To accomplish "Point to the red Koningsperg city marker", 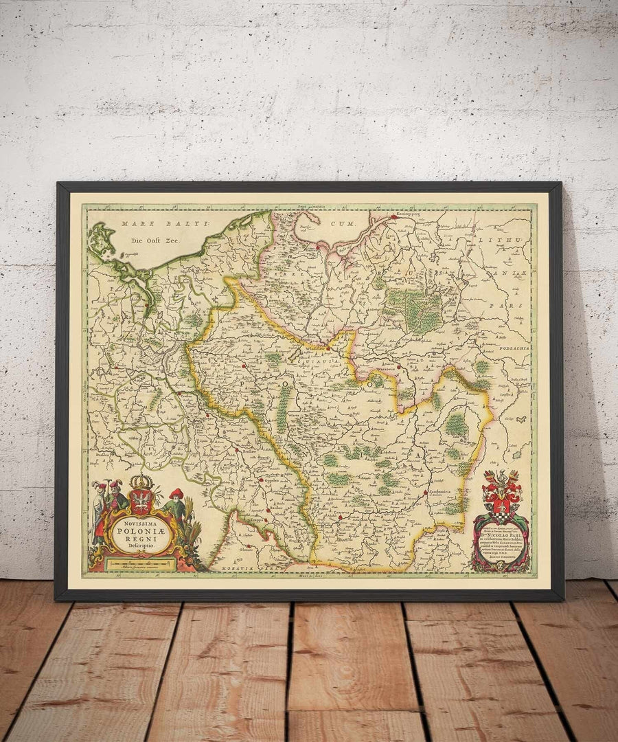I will (394, 218).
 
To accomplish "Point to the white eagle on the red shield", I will (141, 499).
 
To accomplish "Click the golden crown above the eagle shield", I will (141, 480).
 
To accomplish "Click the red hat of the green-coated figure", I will (176, 493).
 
